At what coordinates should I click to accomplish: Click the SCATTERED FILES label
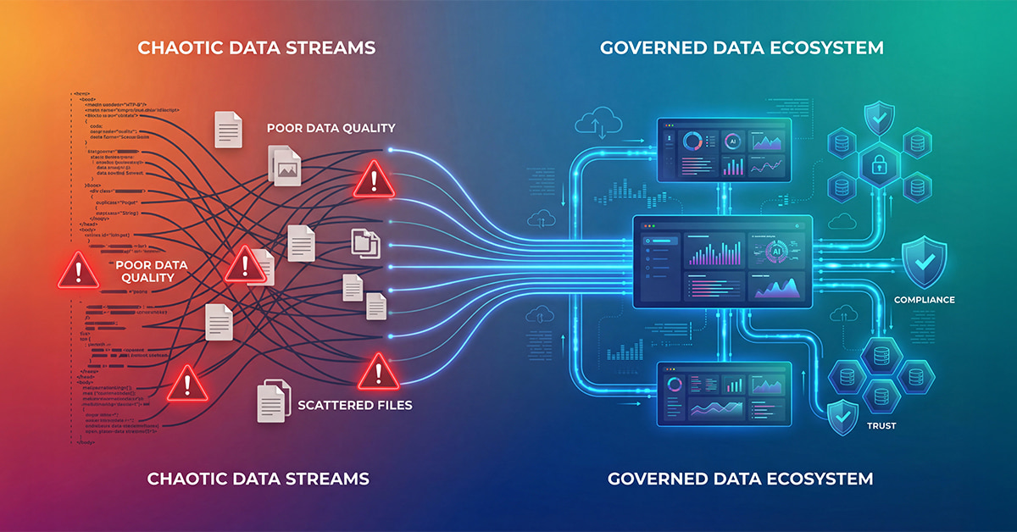click(355, 405)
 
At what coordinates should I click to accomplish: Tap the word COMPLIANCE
click(925, 300)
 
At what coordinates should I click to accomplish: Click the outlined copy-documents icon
click(365, 244)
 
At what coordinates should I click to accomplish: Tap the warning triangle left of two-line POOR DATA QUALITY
click(77, 271)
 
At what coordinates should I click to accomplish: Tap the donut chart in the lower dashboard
click(675, 385)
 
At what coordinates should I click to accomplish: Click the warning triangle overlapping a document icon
click(246, 266)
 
